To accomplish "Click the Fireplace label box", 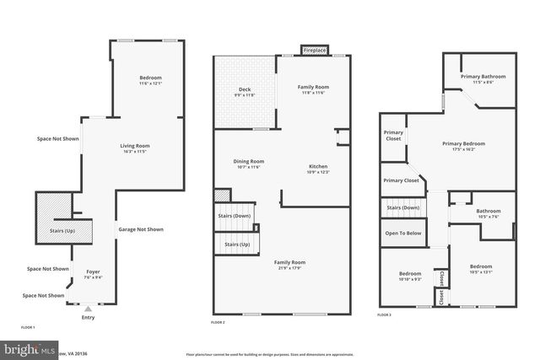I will click(315, 51).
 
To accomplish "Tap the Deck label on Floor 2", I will click(245, 89).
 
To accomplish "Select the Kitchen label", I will click(318, 167).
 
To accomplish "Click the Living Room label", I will click(134, 147).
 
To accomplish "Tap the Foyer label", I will click(93, 271).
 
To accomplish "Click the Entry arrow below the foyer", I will click(88, 310).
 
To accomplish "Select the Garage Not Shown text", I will click(141, 229).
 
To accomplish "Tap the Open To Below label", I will click(402, 233).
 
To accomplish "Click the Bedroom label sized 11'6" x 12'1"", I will click(150, 78).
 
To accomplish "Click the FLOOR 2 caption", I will click(218, 323).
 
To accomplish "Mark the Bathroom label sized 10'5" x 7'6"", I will click(488, 212).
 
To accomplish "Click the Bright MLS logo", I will click(25, 348).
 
